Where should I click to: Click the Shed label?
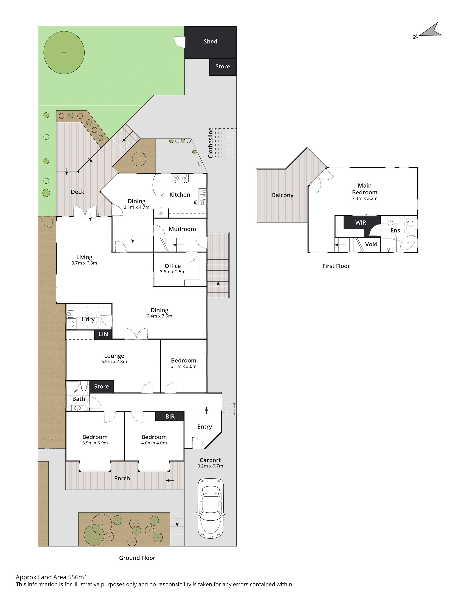pos(210,42)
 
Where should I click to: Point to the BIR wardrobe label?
pos(170,416)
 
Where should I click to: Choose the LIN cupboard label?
pos(103,334)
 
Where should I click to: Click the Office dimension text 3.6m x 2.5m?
pos(172,272)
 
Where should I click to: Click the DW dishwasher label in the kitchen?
pos(195,203)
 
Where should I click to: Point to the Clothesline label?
pos(210,143)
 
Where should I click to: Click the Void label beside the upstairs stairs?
pos(371,244)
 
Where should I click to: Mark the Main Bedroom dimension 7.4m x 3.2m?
pos(364,198)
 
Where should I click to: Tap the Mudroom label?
pos(182,229)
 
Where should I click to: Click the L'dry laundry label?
pos(88,319)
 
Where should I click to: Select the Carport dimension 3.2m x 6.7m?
pos(210,466)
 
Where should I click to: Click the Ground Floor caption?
pos(137,558)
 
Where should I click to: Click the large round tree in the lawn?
pos(64,52)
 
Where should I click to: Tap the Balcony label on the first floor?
pos(283,195)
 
